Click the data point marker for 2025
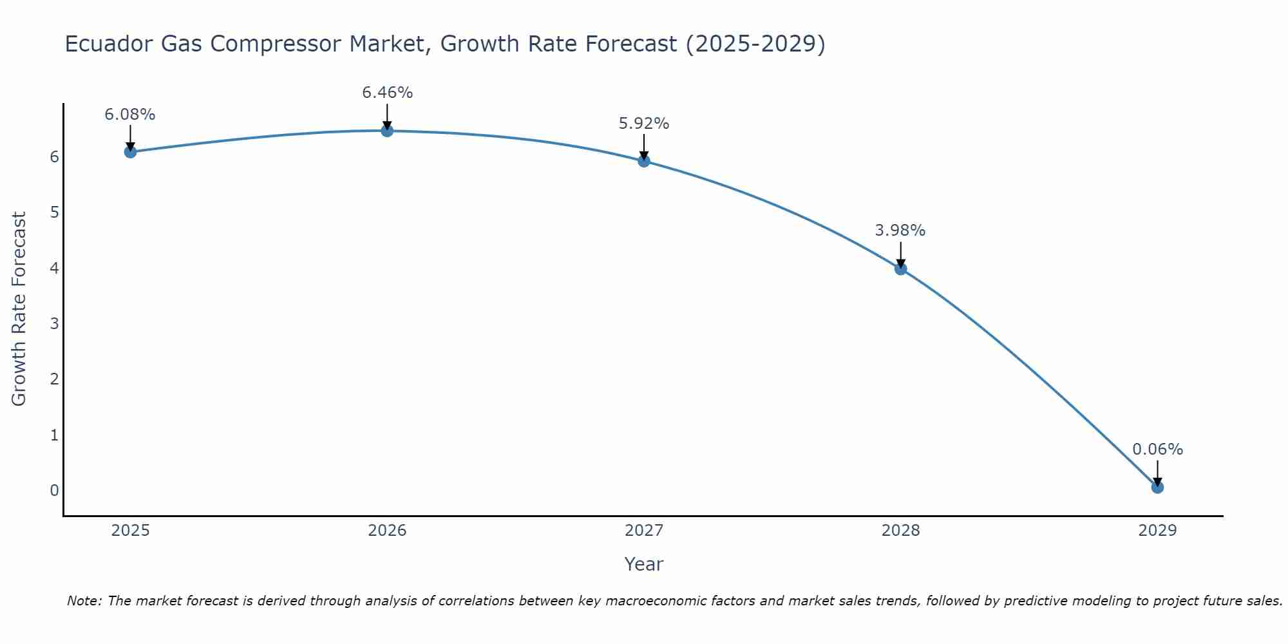[x=130, y=152]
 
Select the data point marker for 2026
[x=387, y=131]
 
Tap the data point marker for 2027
[x=644, y=161]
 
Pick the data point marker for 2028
[x=901, y=269]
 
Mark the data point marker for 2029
[x=1157, y=488]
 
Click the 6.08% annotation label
[x=130, y=115]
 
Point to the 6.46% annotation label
[x=387, y=93]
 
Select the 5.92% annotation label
[x=644, y=123]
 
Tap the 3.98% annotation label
[x=900, y=231]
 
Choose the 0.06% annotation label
[x=1157, y=450]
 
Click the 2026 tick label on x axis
[x=387, y=531]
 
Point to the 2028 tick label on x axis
[x=901, y=531]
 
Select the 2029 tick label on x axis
[x=1157, y=531]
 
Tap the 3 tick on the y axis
[x=55, y=323]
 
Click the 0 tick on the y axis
[x=55, y=490]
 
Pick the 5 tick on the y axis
[x=55, y=213]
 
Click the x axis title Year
[x=644, y=564]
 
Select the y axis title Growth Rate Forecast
[x=19, y=309]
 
